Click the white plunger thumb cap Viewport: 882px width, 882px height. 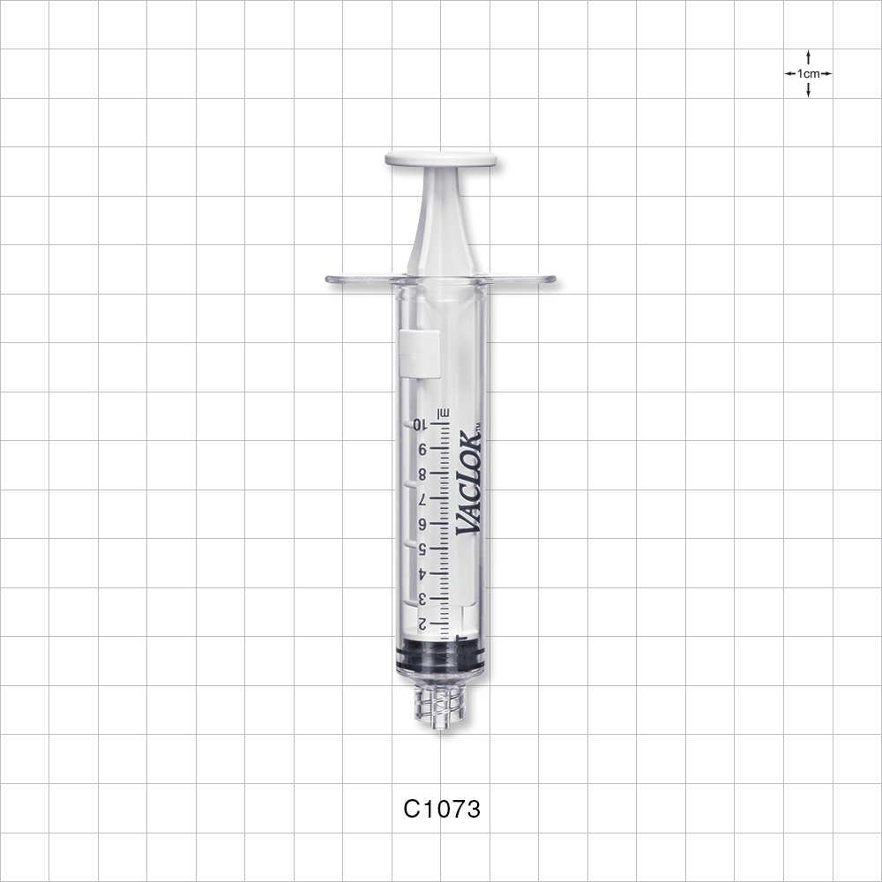pyautogui.click(x=440, y=160)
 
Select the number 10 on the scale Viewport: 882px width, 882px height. pyautogui.click(x=420, y=424)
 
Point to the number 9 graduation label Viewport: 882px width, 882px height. pyautogui.click(x=422, y=449)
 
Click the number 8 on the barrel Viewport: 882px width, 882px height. pyautogui.click(x=422, y=474)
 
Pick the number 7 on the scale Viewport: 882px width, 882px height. pyautogui.click(x=422, y=499)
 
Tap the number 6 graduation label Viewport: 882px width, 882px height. pyautogui.click(x=422, y=524)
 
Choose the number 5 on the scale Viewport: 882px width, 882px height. pyautogui.click(x=422, y=549)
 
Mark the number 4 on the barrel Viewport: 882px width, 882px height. pyautogui.click(x=422, y=573)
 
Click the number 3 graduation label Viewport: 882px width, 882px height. pyautogui.click(x=422, y=599)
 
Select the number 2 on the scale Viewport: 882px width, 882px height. pyautogui.click(x=422, y=624)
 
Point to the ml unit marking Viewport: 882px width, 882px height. pyautogui.click(x=445, y=412)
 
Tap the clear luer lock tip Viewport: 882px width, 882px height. pyautogui.click(x=440, y=705)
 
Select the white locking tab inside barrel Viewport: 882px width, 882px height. pyautogui.click(x=420, y=353)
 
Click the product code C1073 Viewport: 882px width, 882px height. pyautogui.click(x=441, y=809)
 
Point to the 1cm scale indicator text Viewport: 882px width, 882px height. pyautogui.click(x=808, y=74)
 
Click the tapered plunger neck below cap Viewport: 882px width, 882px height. pyautogui.click(x=440, y=220)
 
